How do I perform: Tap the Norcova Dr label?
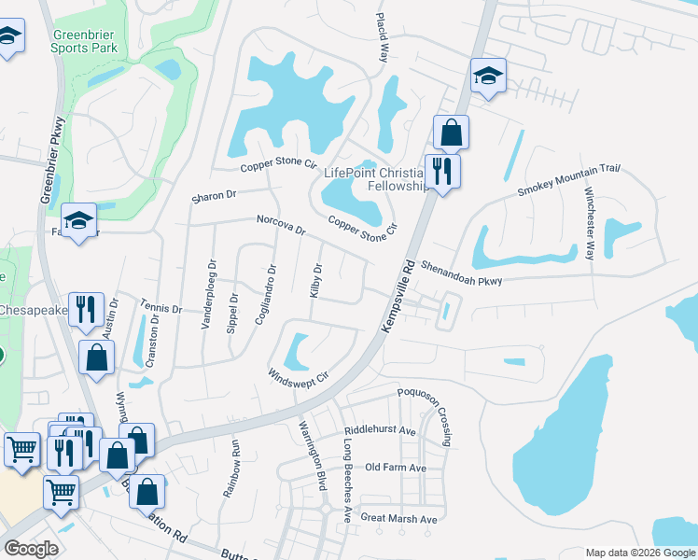[x=281, y=225]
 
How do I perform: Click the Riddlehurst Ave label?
[x=380, y=431]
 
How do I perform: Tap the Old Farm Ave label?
[x=396, y=468]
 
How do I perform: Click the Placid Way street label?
[x=381, y=37]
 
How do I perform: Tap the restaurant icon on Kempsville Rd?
[x=440, y=172]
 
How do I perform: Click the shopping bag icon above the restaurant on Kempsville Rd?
[x=451, y=133]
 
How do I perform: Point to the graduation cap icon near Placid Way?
[x=488, y=77]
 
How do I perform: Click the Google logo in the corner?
[x=31, y=549]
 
